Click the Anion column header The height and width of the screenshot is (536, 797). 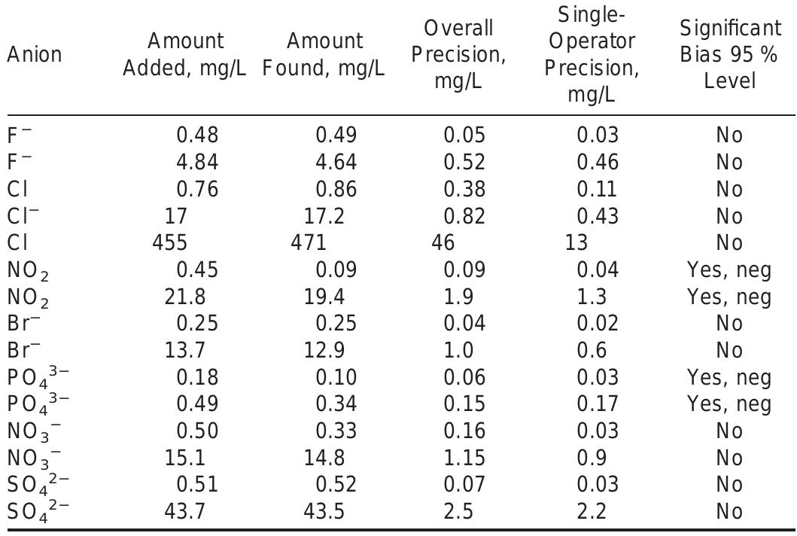click(x=35, y=54)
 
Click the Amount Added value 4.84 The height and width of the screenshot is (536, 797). click(x=197, y=162)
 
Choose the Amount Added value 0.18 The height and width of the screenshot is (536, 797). click(x=197, y=377)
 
